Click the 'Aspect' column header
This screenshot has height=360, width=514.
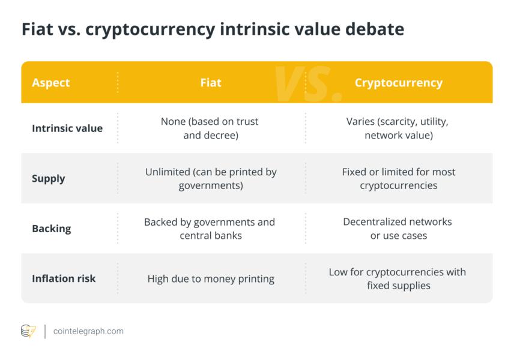click(x=51, y=83)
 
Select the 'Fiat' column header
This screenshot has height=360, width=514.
click(x=211, y=83)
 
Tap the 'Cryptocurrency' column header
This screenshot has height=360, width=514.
click(x=399, y=83)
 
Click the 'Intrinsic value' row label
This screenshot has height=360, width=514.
click(x=67, y=128)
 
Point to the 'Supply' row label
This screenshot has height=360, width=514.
click(x=49, y=179)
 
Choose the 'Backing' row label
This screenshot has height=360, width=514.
click(x=52, y=229)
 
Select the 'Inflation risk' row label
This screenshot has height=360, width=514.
click(x=64, y=278)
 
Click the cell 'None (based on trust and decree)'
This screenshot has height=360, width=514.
click(x=210, y=128)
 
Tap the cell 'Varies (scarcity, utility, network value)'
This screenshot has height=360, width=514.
click(x=398, y=128)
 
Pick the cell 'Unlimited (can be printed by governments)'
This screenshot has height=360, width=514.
click(x=211, y=179)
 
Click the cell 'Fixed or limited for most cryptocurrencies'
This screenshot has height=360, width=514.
click(x=399, y=179)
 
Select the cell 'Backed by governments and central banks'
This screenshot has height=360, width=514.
click(x=210, y=229)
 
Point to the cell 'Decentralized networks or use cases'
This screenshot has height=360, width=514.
click(x=398, y=229)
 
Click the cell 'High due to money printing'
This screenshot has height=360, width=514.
click(x=211, y=279)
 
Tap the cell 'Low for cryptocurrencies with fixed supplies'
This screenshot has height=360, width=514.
click(x=398, y=278)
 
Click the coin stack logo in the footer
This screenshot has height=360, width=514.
click(x=28, y=331)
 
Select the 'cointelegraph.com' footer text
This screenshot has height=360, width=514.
click(x=88, y=331)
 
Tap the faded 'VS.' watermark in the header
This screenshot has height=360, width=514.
click(x=308, y=84)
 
